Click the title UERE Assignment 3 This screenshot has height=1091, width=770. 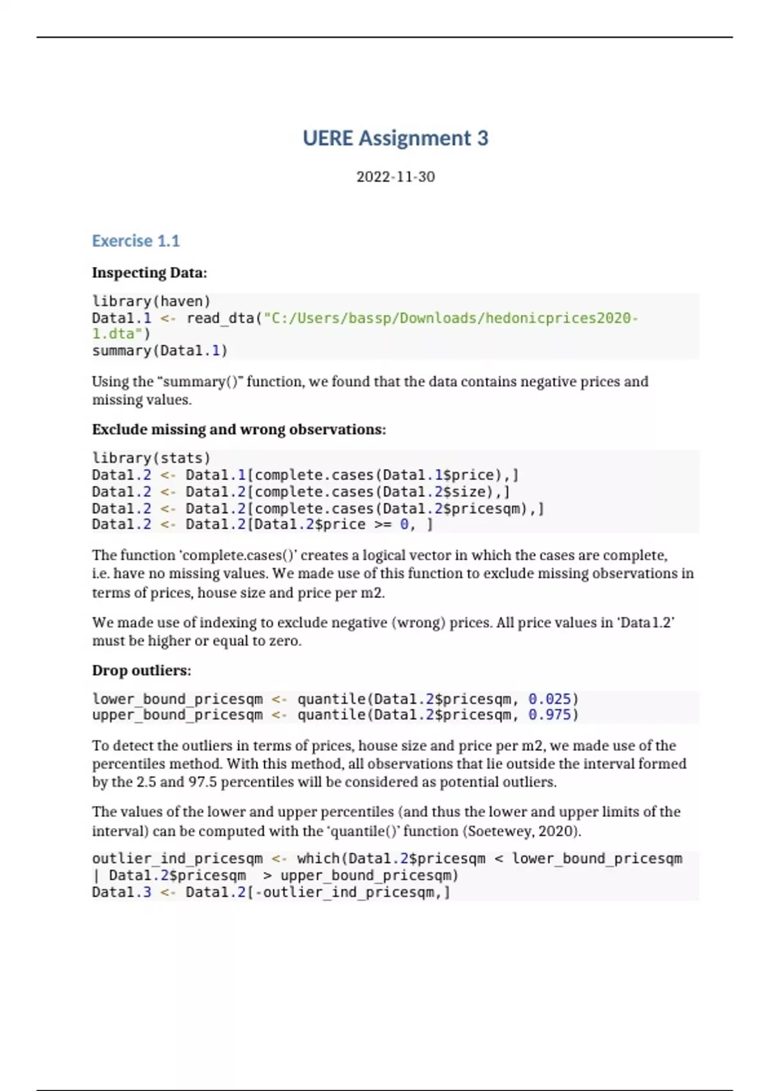coord(395,139)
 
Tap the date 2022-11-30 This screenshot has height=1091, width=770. coord(395,177)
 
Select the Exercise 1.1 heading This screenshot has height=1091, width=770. coord(135,241)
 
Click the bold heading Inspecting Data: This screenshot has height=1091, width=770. coord(150,273)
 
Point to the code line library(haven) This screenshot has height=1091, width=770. coord(151,302)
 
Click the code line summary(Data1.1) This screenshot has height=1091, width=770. coord(160,351)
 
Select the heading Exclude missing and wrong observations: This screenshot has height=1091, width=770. coord(239,429)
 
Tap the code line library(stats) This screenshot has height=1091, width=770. coord(151,458)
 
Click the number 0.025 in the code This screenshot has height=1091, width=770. coord(549,699)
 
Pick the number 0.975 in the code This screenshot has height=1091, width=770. coord(549,715)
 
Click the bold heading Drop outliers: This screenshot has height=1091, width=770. coord(141,671)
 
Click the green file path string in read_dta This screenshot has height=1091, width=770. coord(449,318)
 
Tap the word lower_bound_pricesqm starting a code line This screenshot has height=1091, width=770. coord(177,699)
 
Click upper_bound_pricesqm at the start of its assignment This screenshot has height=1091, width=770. coord(177,715)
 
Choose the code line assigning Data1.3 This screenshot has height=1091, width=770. coord(271,893)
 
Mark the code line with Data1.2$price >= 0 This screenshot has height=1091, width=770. coord(262,525)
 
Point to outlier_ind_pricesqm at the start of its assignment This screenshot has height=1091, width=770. coord(177,859)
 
